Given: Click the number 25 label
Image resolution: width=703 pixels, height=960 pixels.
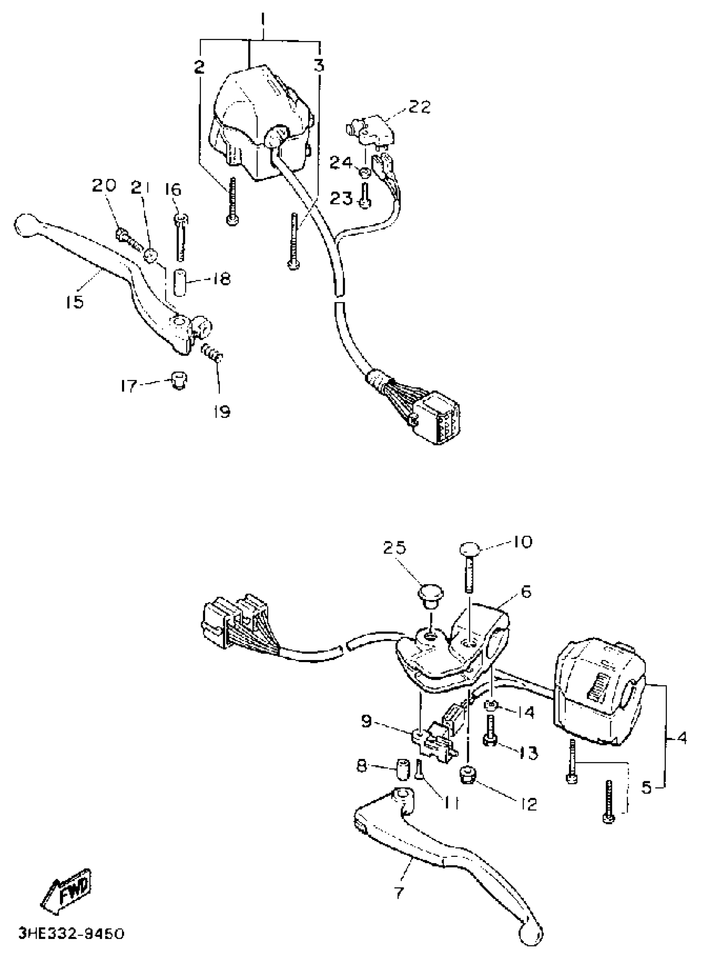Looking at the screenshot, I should pyautogui.click(x=395, y=547).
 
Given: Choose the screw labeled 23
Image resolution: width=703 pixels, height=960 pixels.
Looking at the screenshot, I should pyautogui.click(x=365, y=197).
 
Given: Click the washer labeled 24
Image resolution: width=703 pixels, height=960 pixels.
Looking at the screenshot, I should pyautogui.click(x=365, y=173).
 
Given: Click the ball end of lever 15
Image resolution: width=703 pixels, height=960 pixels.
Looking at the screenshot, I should pyautogui.click(x=24, y=224).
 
